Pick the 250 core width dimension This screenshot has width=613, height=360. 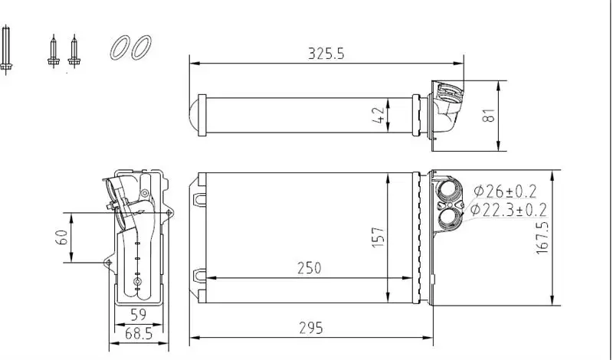[309, 267]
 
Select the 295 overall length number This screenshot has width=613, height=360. [310, 327]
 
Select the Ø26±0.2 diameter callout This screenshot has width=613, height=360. [504, 191]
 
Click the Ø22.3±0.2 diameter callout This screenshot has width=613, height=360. [509, 208]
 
